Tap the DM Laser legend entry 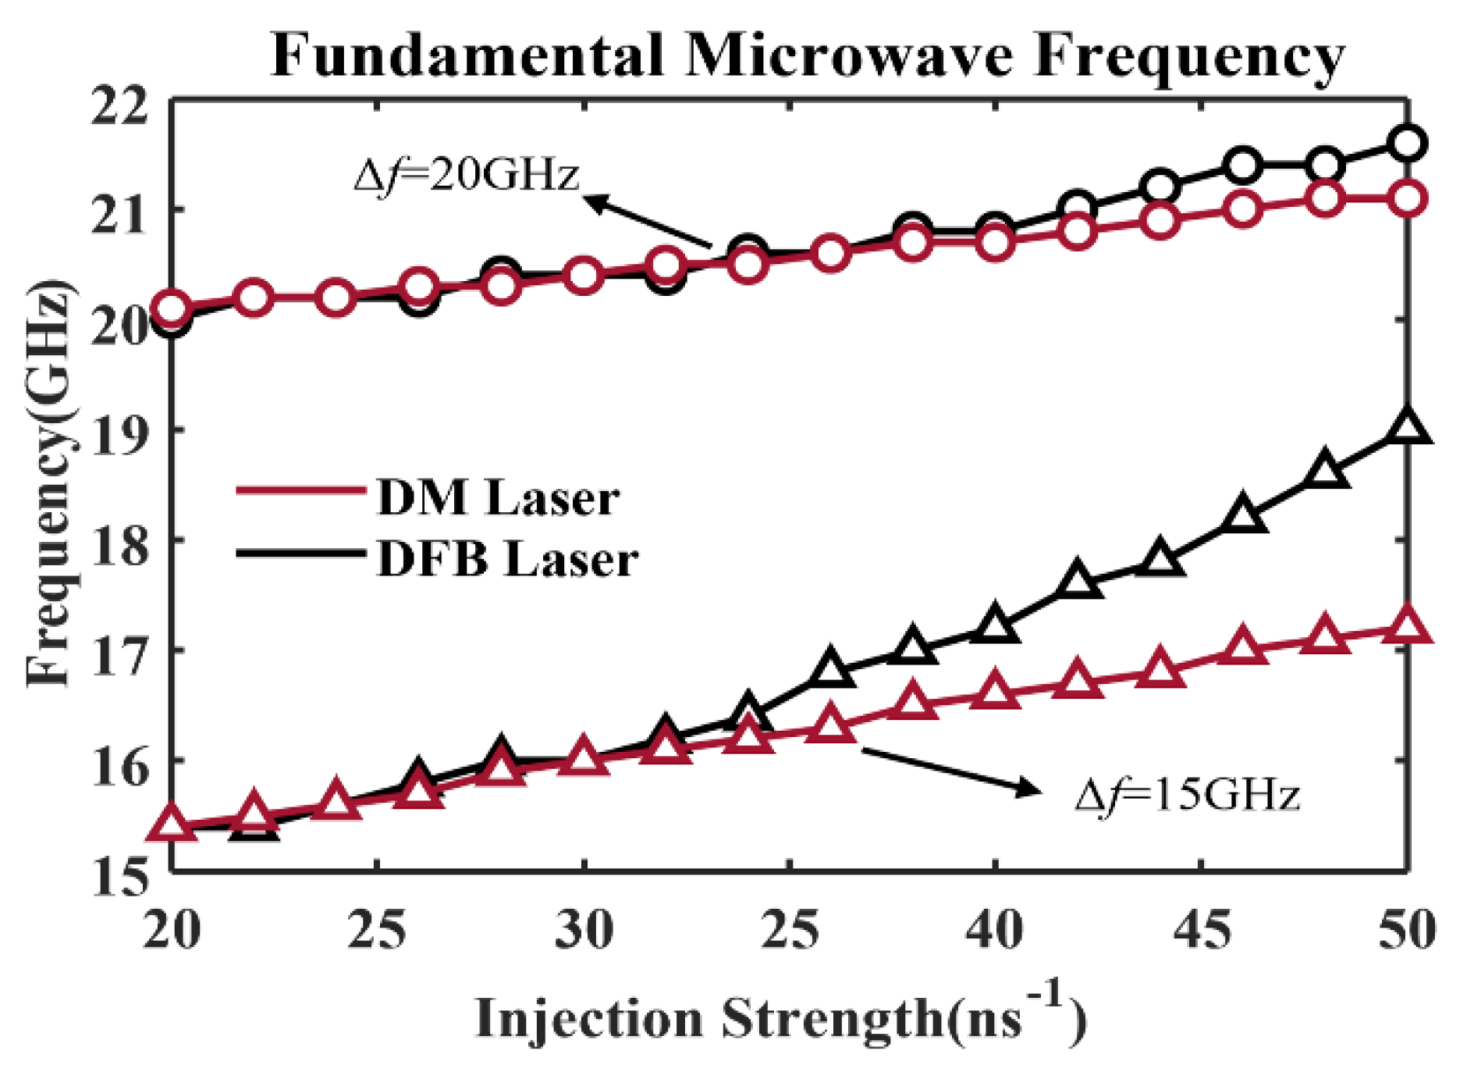497,497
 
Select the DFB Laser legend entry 507,558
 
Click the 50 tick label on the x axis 1406,930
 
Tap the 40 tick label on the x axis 993,930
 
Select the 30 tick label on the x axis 583,930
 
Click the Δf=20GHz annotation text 467,175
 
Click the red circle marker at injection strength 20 172,309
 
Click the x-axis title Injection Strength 780,1017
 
